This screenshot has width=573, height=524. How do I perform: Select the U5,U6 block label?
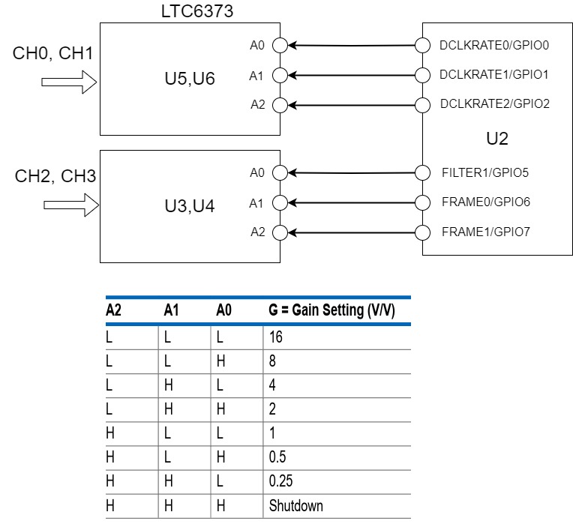[190, 79]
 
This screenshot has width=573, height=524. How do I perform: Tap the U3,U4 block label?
[190, 205]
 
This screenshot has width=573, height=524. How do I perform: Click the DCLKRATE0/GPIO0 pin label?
[494, 45]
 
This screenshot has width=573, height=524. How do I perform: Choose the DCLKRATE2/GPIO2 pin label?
[494, 104]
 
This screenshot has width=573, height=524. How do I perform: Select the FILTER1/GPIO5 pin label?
[485, 173]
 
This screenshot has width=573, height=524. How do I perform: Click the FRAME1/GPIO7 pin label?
[485, 232]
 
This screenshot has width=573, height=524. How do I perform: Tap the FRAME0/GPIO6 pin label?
[485, 202]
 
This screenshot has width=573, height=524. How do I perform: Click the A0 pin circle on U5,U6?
[280, 46]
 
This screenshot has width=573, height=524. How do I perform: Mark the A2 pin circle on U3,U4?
[280, 232]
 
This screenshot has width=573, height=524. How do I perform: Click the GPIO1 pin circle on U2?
[422, 75]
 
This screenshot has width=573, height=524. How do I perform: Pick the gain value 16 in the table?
[275, 337]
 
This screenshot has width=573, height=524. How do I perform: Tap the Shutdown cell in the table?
[295, 506]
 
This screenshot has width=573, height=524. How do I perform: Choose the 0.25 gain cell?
[280, 481]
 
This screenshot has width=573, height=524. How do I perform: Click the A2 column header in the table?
[114, 310]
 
